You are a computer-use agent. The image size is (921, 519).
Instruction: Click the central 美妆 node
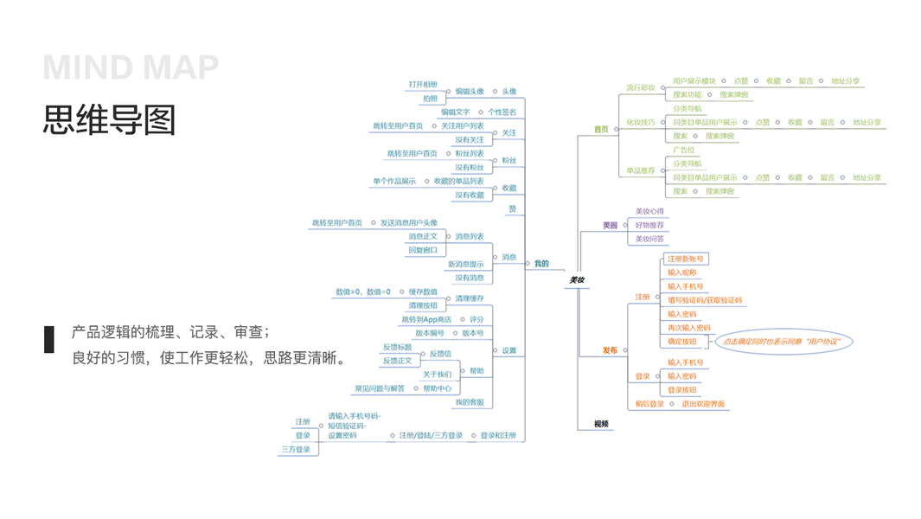[577, 280]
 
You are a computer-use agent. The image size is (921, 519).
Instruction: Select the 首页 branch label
[601, 130]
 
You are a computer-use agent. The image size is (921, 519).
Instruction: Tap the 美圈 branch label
[611, 225]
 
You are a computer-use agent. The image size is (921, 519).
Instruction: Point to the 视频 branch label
[601, 424]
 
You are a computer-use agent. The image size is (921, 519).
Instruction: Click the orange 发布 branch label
[611, 350]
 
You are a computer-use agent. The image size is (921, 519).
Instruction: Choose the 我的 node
[541, 264]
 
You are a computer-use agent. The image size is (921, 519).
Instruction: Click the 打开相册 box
[423, 84]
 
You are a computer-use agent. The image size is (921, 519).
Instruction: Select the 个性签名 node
[502, 112]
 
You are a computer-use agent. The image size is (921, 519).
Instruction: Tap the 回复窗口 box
[423, 250]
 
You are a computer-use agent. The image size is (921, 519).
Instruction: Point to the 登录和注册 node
[498, 435]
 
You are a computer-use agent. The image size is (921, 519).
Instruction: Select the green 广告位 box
[684, 150]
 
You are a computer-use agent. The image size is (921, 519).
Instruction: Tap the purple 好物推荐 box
[649, 225]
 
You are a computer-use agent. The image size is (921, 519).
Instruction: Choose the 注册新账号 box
[686, 259]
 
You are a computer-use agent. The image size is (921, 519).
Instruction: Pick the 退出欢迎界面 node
[703, 404]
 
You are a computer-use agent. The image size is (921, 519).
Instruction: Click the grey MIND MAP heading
[131, 67]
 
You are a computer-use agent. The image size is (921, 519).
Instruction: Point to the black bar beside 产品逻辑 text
[49, 339]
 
